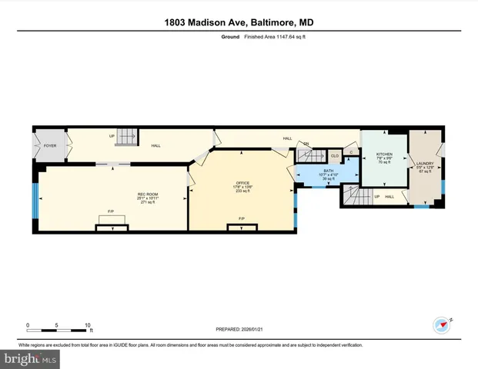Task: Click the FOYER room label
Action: [x=50, y=145]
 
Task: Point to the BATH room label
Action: [x=328, y=172]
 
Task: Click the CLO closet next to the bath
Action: [x=335, y=155]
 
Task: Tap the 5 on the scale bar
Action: [x=58, y=324]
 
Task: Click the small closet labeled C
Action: [x=351, y=153]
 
